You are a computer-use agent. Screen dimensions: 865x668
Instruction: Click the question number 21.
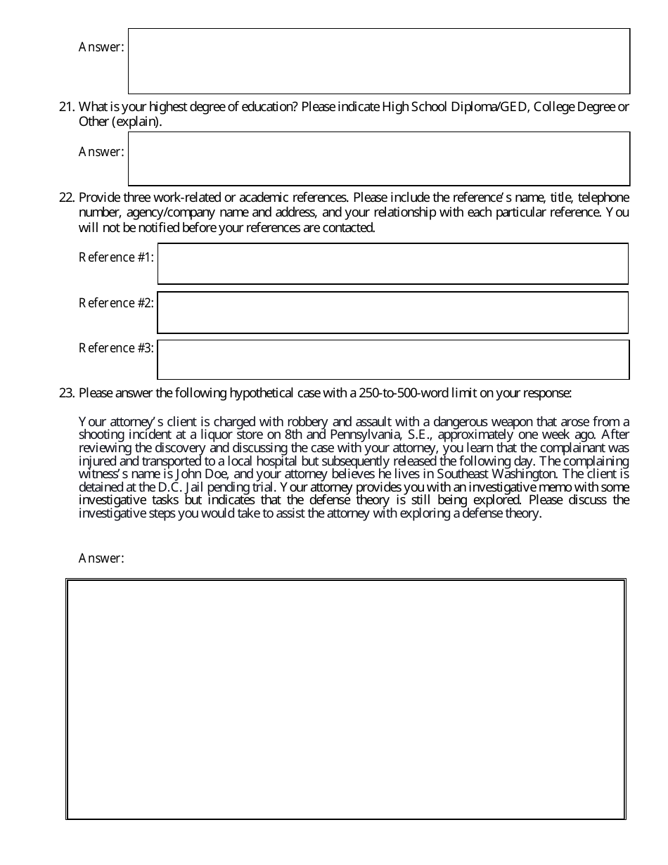[x=66, y=107]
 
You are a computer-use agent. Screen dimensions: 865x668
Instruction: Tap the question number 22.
[x=66, y=198]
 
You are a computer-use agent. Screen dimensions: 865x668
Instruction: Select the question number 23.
[x=66, y=393]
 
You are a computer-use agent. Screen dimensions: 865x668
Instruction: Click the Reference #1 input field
[x=392, y=264]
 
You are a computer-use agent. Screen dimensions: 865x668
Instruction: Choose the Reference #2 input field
[x=392, y=312]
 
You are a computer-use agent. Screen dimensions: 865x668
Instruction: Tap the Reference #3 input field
[x=392, y=360]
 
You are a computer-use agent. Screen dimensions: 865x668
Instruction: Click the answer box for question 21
[x=378, y=159]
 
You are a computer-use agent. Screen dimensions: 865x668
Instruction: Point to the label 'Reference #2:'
[x=116, y=303]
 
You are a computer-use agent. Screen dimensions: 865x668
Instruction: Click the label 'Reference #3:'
[x=116, y=348]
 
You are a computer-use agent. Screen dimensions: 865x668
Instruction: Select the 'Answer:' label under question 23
[x=101, y=558]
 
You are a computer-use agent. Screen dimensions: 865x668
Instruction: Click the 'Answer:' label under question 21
[x=101, y=152]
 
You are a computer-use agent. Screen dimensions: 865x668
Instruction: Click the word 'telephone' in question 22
[x=603, y=198]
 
